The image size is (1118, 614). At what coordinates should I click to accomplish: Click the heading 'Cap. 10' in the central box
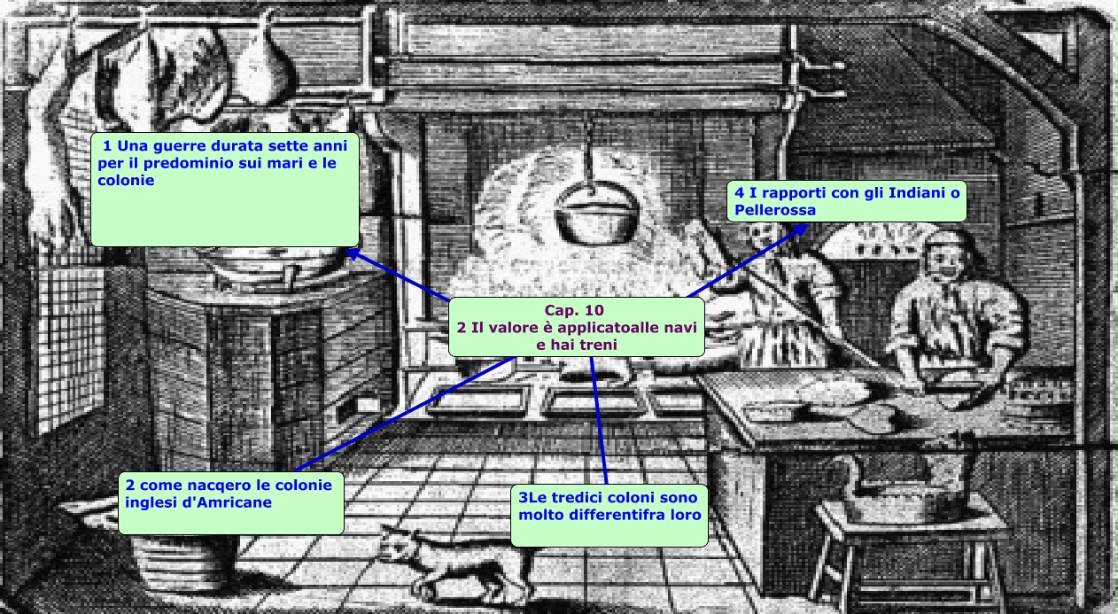576,311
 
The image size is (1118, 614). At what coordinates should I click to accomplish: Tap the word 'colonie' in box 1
125,180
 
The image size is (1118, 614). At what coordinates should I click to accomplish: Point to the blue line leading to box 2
399,416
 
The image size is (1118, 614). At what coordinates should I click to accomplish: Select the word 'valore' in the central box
514,327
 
